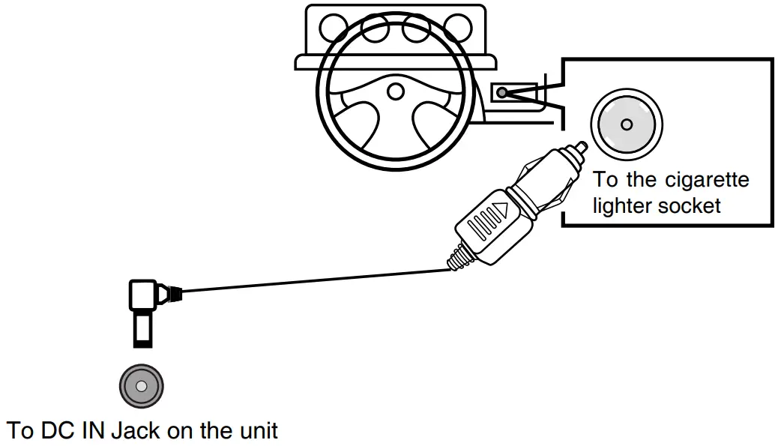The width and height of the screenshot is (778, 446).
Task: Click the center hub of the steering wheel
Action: (395, 91)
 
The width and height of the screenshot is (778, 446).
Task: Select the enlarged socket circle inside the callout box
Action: (627, 124)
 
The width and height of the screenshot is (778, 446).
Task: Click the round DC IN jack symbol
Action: (142, 387)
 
